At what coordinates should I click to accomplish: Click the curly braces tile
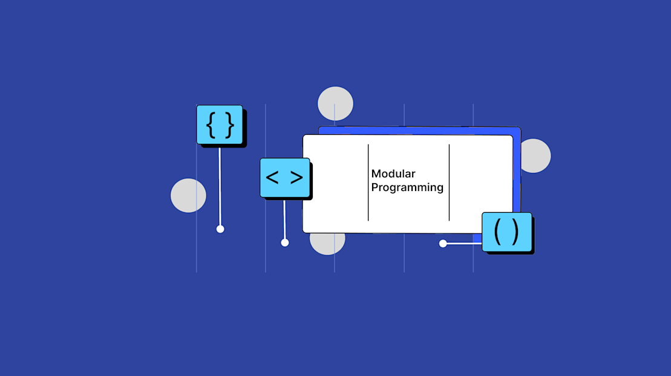tap(220, 125)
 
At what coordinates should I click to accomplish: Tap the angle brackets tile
tap(284, 178)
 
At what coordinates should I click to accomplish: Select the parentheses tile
tap(506, 232)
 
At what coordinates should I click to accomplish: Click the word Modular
tap(393, 174)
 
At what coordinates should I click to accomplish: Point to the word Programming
tap(407, 187)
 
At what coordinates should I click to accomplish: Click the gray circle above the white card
tap(335, 103)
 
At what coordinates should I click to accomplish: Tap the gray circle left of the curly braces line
tap(188, 195)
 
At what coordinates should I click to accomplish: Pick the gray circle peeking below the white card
tap(327, 244)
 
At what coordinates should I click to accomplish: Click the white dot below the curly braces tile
tap(220, 229)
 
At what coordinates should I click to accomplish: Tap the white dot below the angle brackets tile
tap(285, 243)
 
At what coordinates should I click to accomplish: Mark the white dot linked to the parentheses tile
tap(443, 244)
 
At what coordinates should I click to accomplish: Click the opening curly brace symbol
tap(211, 125)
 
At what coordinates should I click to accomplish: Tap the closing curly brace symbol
tap(229, 125)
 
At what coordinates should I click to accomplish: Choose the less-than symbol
tap(272, 178)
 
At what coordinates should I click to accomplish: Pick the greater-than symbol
tap(296, 178)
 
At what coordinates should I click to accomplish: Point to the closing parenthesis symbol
tap(514, 232)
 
